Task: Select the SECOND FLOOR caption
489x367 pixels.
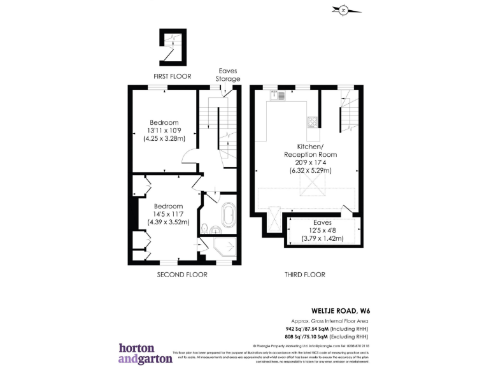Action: pyautogui.click(x=182, y=275)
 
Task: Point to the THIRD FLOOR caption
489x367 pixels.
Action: pyautogui.click(x=304, y=275)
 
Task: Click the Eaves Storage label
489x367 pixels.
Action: pyautogui.click(x=229, y=75)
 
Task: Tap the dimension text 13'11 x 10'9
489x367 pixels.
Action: pyautogui.click(x=164, y=131)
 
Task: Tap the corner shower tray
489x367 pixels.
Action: pyautogui.click(x=226, y=250)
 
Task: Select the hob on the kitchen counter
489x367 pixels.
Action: pyautogui.click(x=312, y=122)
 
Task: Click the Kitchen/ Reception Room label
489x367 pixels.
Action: pyautogui.click(x=311, y=150)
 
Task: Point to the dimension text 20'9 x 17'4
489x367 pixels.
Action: pyautogui.click(x=311, y=162)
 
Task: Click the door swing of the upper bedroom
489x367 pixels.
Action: pyautogui.click(x=189, y=157)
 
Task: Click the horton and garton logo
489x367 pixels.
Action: pyautogui.click(x=145, y=353)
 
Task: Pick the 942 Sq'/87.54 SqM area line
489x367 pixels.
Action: pyautogui.click(x=327, y=328)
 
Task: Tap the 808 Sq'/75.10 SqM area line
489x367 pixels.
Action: pyautogui.click(x=327, y=336)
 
